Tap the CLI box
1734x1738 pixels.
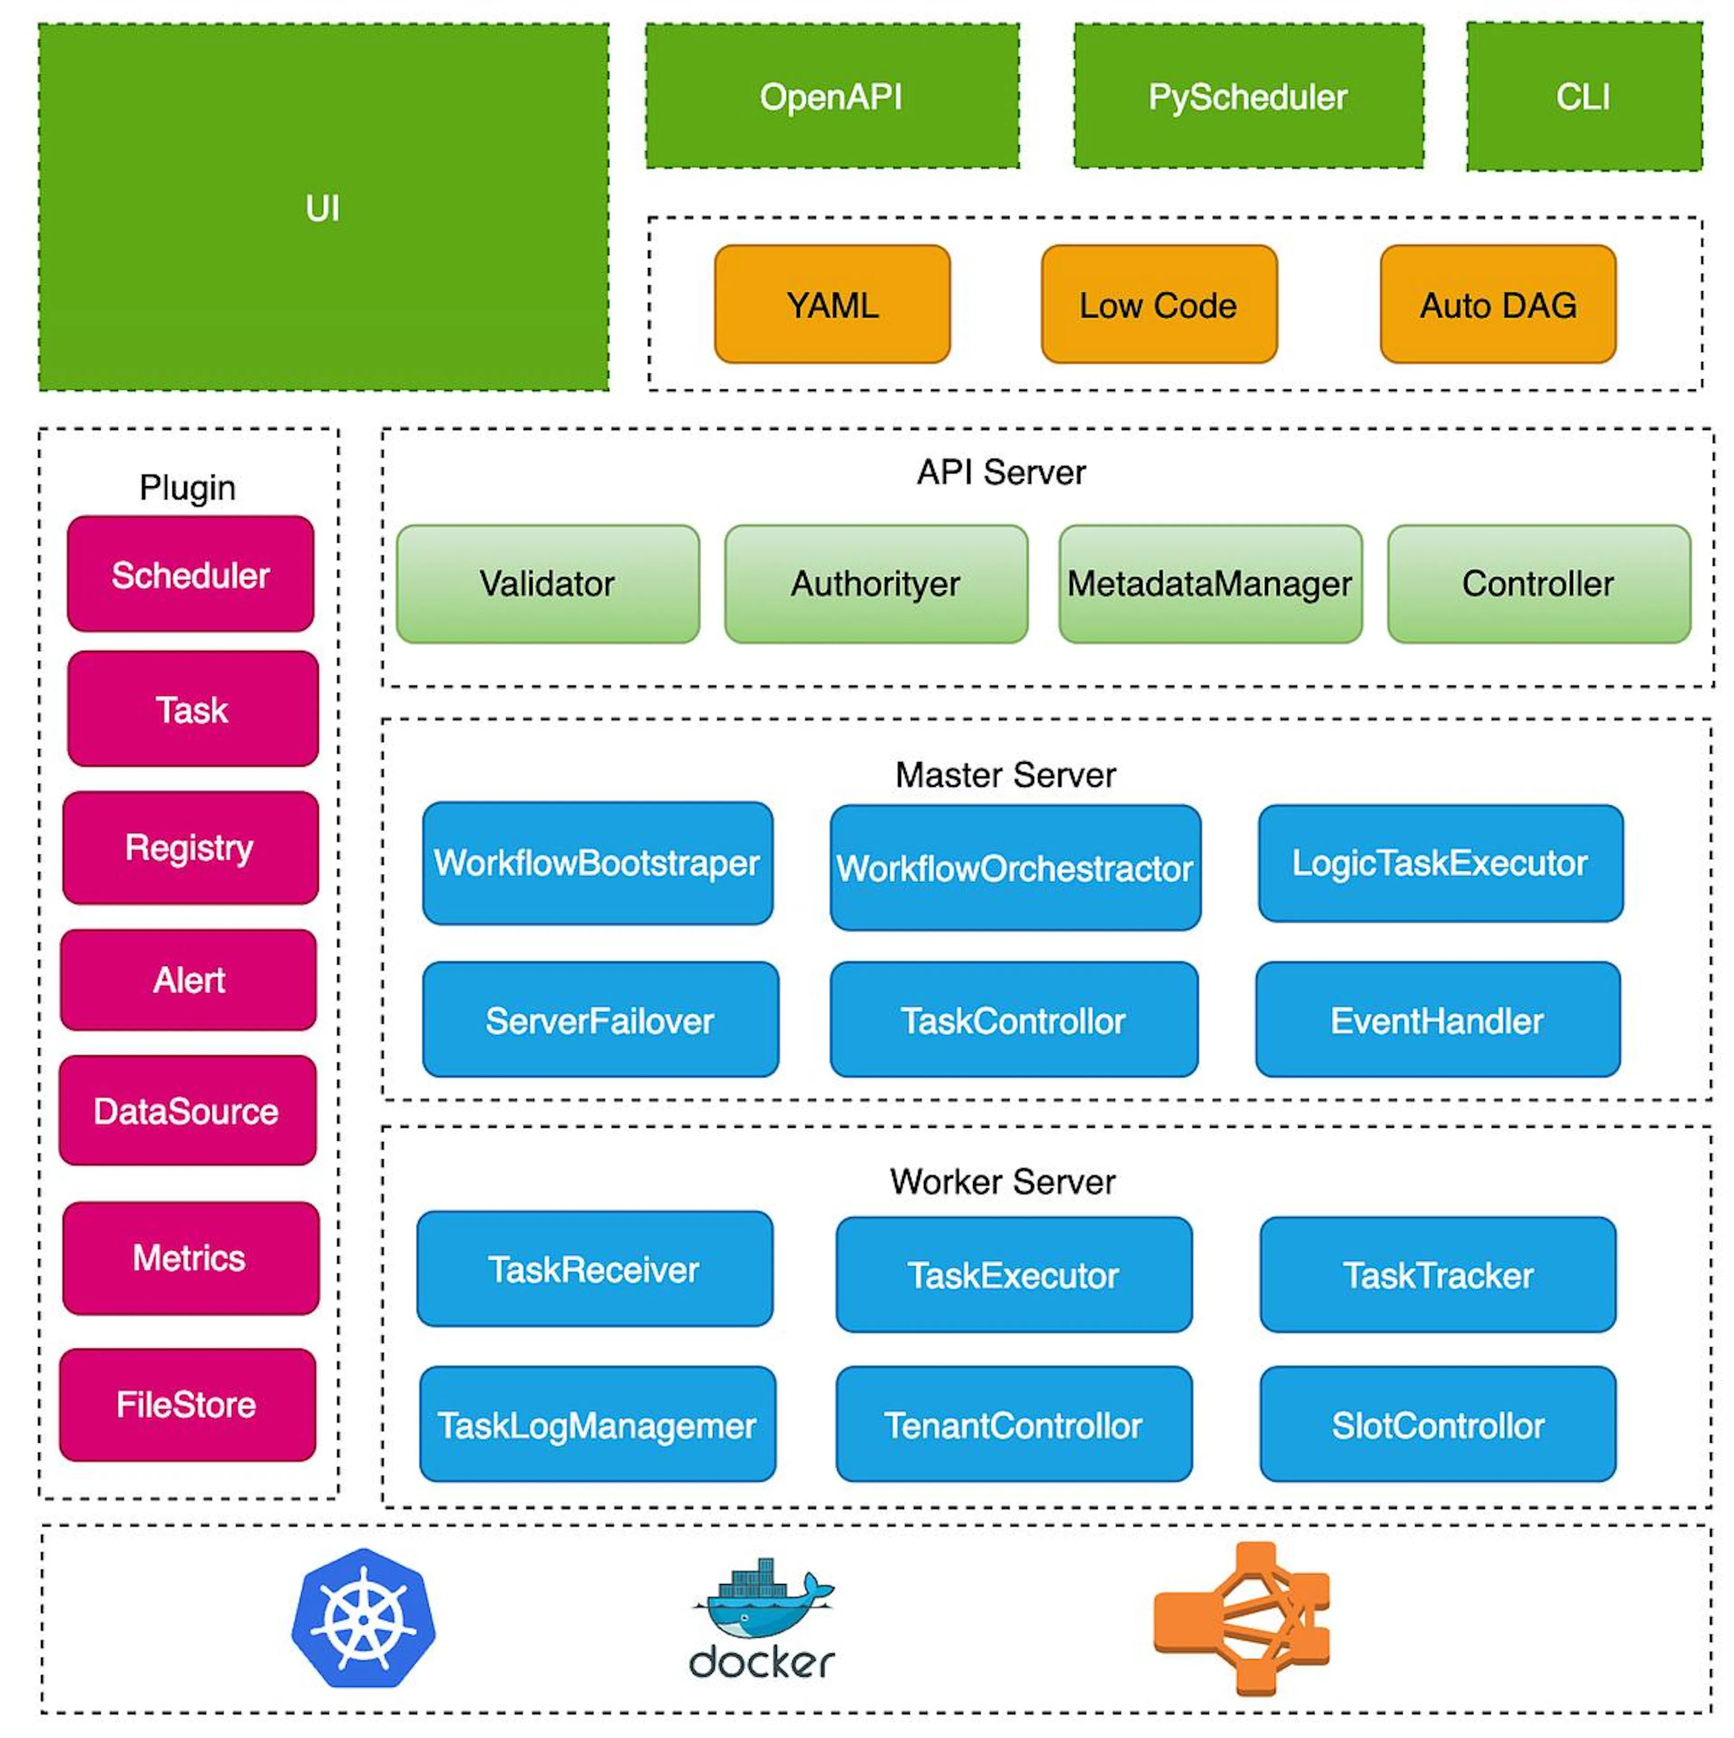pos(1584,96)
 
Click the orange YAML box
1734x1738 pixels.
pos(832,304)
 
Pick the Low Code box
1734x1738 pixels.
pos(1159,304)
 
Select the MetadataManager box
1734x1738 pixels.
pos(1210,584)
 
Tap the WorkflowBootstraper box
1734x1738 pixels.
pos(597,863)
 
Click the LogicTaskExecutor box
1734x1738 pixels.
pos(1440,863)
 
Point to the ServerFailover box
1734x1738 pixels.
pos(600,1019)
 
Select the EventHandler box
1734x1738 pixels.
pos(1438,1019)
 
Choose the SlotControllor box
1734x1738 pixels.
pos(1438,1424)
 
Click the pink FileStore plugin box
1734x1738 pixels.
pos(187,1404)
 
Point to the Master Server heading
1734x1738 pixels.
pos(1005,775)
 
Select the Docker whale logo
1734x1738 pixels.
pos(762,1619)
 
